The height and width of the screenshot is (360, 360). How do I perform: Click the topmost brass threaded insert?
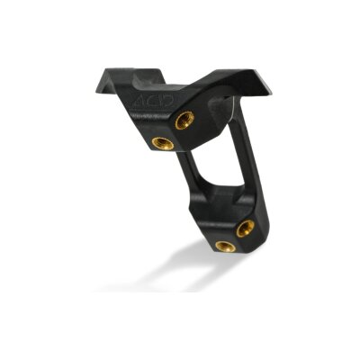click(x=184, y=119)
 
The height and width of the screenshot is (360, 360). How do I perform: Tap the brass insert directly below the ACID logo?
click(x=163, y=143)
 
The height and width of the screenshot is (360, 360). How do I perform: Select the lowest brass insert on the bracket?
click(x=225, y=246)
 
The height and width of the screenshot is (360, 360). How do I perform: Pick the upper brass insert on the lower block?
click(x=245, y=229)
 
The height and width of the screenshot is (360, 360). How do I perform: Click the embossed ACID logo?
click(x=148, y=103)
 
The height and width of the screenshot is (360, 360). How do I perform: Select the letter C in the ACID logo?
click(x=147, y=103)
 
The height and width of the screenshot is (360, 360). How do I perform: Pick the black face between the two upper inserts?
click(x=174, y=131)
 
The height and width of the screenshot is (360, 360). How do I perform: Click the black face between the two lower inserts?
click(x=236, y=238)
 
